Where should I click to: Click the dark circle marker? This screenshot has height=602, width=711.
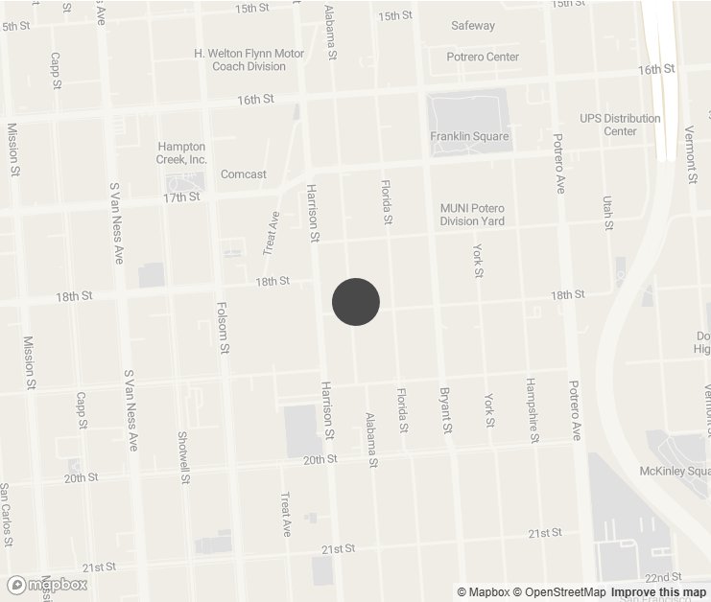356,302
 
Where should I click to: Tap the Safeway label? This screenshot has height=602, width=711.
473,26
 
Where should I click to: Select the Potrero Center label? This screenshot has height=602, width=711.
483,57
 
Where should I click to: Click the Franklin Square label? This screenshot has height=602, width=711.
469,136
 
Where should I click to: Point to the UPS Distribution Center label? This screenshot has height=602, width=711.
620,125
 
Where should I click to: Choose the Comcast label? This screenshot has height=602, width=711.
244,174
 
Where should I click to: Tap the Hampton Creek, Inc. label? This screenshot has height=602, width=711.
181,152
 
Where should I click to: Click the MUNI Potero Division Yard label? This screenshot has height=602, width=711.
472,215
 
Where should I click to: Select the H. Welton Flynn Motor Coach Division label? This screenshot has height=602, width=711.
249,59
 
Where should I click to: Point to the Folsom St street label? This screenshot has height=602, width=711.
223,328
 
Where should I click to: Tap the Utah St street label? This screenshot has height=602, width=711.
607,213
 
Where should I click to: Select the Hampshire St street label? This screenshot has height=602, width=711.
532,410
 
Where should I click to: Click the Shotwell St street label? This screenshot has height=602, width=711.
182,455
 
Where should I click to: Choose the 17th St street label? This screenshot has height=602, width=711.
180,197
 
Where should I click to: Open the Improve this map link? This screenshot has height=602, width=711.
658,592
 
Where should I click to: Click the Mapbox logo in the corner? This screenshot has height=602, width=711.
48,584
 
